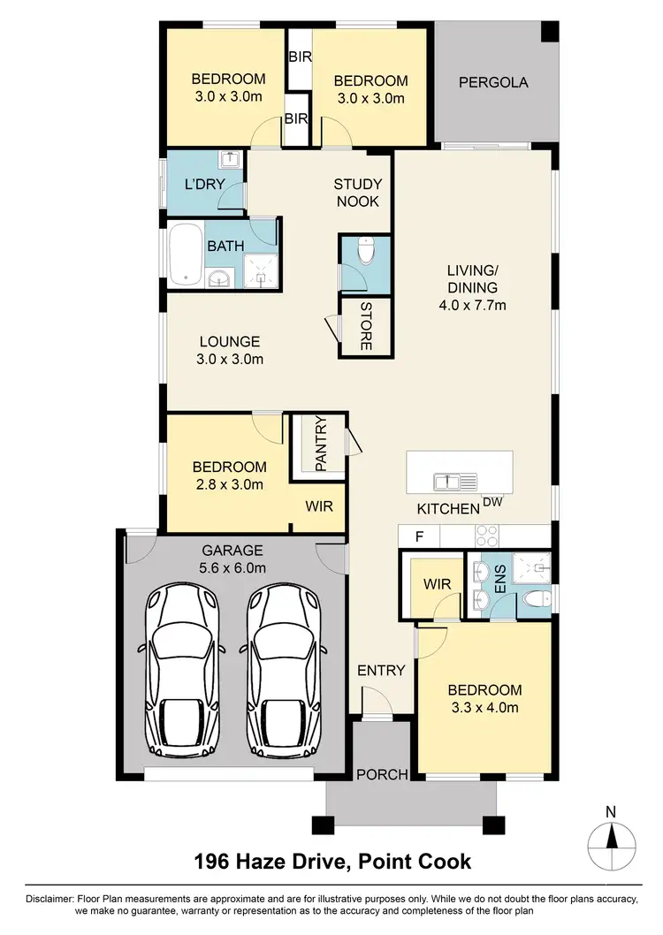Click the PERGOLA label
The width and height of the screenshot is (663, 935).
pyautogui.click(x=493, y=83)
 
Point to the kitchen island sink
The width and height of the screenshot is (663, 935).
pyautogui.click(x=455, y=482)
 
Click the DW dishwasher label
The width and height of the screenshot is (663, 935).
pyautogui.click(x=492, y=503)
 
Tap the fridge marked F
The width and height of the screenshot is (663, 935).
pyautogui.click(x=419, y=536)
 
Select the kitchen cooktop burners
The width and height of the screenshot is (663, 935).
pyautogui.click(x=487, y=536)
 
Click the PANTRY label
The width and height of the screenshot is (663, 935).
pyautogui.click(x=320, y=445)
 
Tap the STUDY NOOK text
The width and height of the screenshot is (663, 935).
pyautogui.click(x=357, y=193)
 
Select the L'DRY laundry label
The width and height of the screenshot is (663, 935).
pyautogui.click(x=203, y=185)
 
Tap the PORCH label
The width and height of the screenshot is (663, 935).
pyautogui.click(x=382, y=775)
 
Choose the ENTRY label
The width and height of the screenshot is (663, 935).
pyautogui.click(x=381, y=671)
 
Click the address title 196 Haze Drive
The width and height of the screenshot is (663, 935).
pyautogui.click(x=332, y=860)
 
